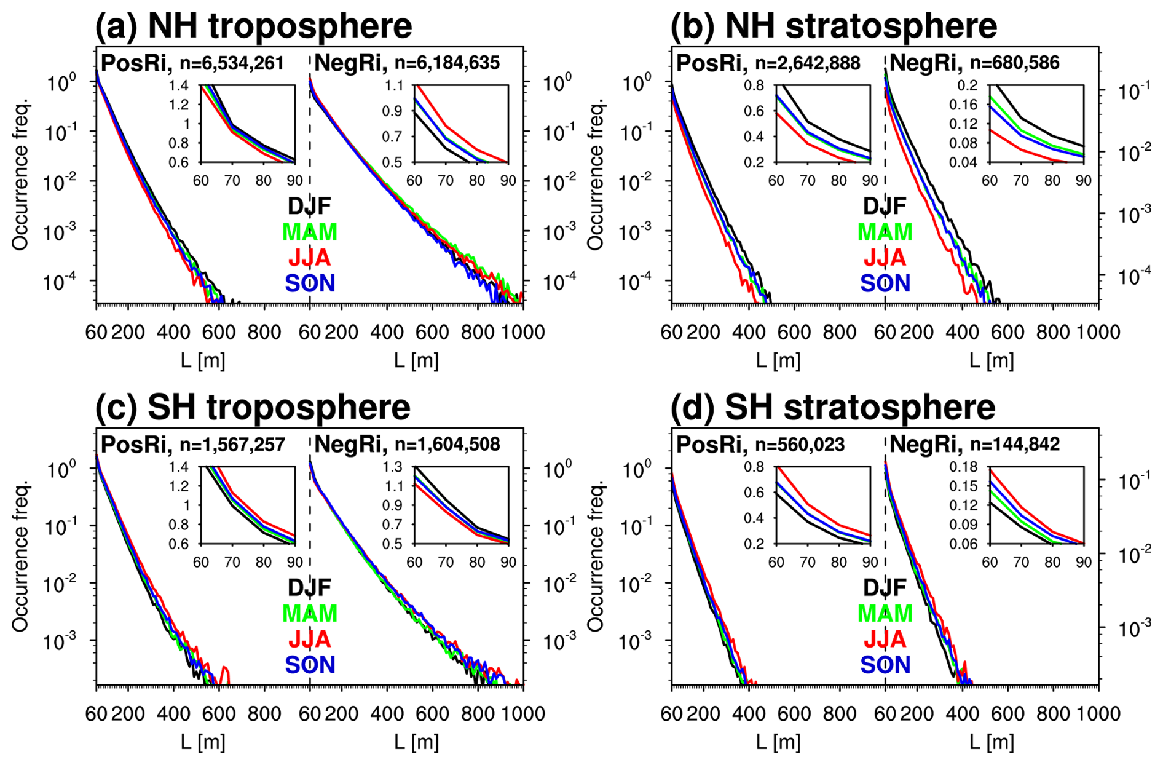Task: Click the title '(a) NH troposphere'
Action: (253, 26)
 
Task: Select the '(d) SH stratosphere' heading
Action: (832, 407)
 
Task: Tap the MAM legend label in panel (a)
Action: (310, 232)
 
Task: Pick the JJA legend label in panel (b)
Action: (885, 257)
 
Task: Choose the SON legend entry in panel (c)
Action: (310, 665)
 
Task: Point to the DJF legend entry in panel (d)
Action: (885, 587)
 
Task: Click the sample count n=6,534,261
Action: (232, 63)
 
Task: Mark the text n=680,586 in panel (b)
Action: (1015, 63)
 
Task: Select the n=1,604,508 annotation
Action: (447, 444)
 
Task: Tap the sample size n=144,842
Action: (1015, 444)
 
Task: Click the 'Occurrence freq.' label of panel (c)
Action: (20, 557)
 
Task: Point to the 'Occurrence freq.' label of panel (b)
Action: (595, 175)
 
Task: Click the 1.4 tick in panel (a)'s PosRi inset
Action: (179, 85)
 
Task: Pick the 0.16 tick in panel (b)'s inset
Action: (963, 105)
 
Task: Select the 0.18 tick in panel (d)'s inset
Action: (963, 467)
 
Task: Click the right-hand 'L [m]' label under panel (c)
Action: (416, 742)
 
